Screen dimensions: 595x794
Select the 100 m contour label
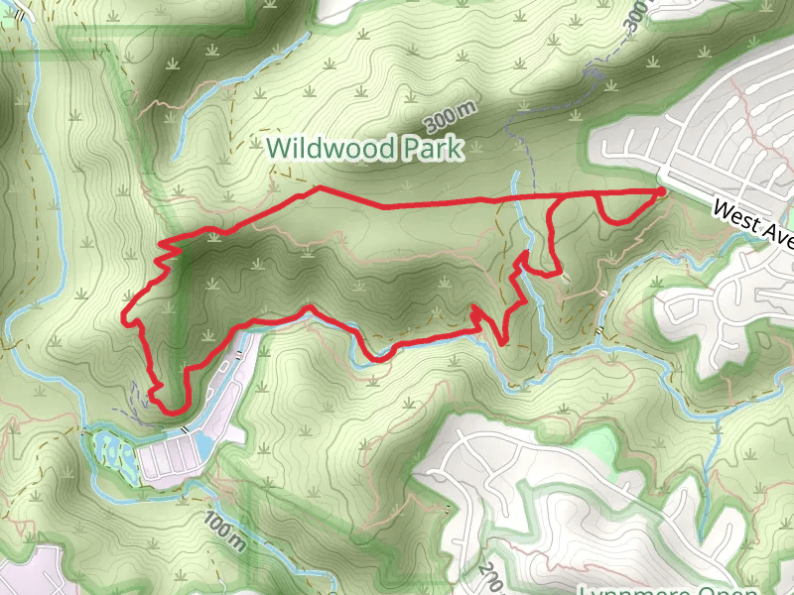(226, 531)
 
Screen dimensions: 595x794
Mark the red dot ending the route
(661, 190)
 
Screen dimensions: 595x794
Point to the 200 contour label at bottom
(489, 577)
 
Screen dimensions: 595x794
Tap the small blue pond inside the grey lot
(204, 445)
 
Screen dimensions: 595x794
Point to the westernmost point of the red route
(123, 317)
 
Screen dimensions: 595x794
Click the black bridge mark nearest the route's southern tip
(186, 428)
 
